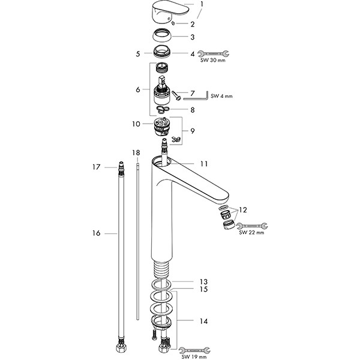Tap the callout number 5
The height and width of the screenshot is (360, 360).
(x=138, y=53)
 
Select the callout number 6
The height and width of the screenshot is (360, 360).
(x=138, y=89)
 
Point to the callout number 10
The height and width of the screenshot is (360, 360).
(x=136, y=124)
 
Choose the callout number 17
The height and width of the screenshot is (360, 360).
(x=95, y=167)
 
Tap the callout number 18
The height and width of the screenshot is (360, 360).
(x=136, y=152)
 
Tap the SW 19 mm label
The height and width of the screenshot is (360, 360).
(x=192, y=355)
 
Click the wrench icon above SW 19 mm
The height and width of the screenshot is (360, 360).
(x=193, y=347)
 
